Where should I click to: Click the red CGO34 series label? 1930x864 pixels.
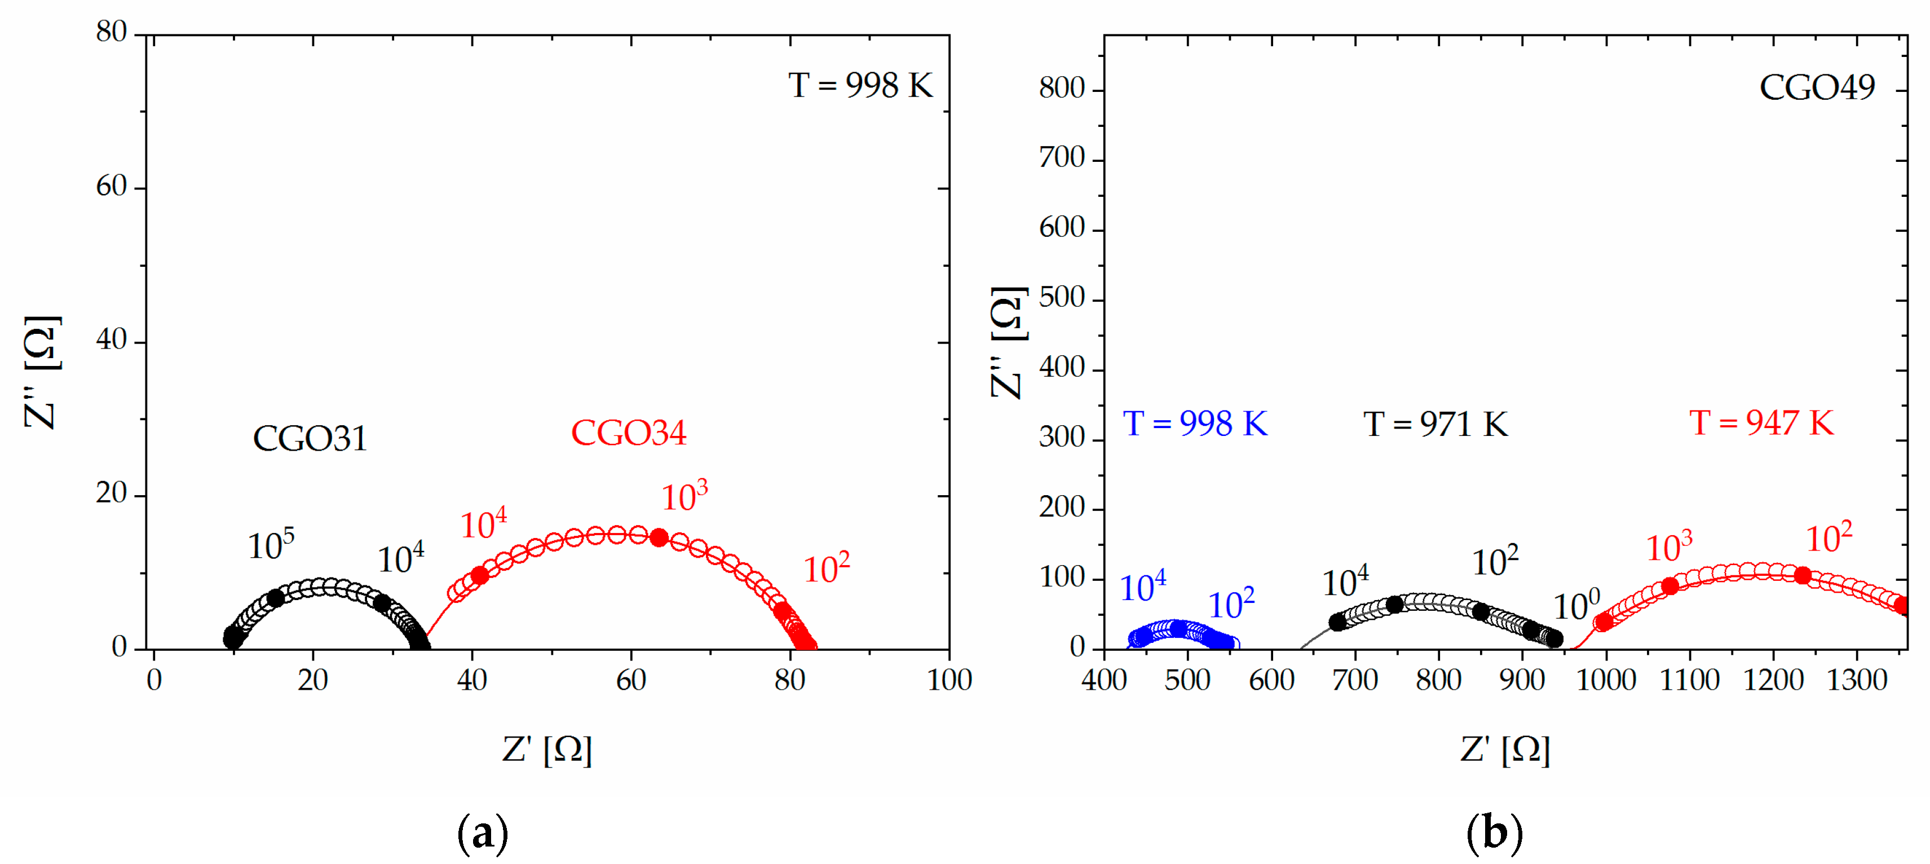click(x=628, y=433)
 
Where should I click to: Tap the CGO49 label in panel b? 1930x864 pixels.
click(x=1816, y=87)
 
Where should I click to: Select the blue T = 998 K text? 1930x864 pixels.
click(x=1195, y=424)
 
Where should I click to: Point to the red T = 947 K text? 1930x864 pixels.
click(x=1761, y=424)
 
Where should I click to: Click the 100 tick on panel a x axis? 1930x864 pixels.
click(x=948, y=680)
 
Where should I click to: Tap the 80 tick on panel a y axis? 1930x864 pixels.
click(x=111, y=32)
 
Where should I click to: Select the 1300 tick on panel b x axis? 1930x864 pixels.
click(x=1856, y=680)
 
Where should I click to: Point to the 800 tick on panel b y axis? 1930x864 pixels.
click(x=1062, y=89)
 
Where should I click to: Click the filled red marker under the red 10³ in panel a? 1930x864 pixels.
click(x=659, y=537)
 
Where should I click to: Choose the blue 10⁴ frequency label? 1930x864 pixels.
click(x=1142, y=587)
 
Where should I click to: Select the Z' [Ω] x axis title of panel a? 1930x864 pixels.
click(x=547, y=750)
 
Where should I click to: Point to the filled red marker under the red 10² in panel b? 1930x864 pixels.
click(x=1803, y=575)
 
